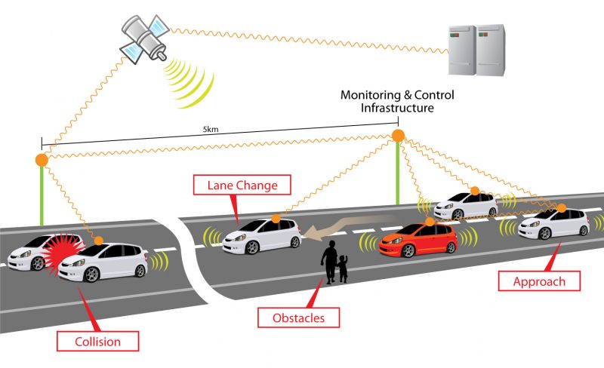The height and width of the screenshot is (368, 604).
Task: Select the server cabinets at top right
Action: point(475,50)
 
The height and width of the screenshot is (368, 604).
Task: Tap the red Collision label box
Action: point(97,341)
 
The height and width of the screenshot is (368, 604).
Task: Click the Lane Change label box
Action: point(236,185)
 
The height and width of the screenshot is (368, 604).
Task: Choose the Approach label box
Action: point(538,282)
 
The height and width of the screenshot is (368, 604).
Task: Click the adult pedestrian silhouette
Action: point(329,262)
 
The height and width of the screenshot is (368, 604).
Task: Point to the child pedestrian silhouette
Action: point(344,268)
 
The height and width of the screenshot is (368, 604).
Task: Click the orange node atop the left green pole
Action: point(42,160)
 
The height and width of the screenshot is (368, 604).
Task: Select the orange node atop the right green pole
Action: point(398,136)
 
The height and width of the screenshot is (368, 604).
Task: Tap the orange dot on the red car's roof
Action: point(430,222)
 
